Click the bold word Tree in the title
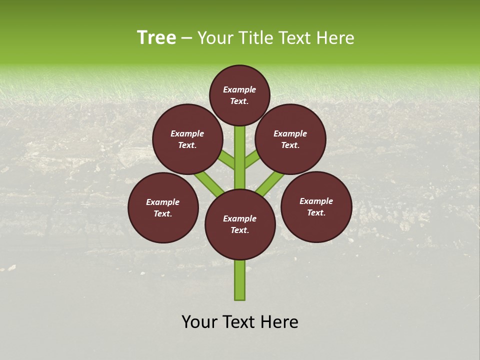point(156,37)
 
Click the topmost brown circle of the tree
point(239,95)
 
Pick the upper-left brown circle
point(187,139)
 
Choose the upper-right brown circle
point(290,139)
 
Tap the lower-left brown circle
point(163,207)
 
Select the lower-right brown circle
point(316,206)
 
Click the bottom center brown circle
point(240,224)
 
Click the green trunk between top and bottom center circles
point(240,157)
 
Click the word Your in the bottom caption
point(199,322)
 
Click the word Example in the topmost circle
point(239,89)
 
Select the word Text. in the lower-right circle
point(316,212)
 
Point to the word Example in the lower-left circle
point(162,202)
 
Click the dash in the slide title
point(186,38)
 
